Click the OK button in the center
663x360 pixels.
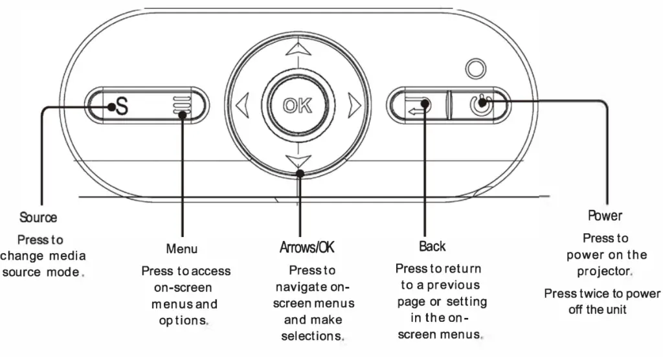tap(297, 104)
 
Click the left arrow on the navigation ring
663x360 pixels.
tap(242, 104)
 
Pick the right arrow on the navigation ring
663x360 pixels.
tap(353, 104)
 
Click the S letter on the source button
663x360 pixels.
tap(121, 106)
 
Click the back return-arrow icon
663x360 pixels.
tap(417, 105)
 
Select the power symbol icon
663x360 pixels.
tap(479, 104)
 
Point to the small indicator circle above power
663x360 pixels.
tap(476, 67)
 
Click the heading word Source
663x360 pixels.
tap(38, 218)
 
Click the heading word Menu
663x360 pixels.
tap(181, 249)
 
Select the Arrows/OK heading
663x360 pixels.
tap(307, 247)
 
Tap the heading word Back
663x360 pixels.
tap(432, 246)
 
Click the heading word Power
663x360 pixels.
tap(605, 215)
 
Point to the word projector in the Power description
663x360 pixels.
tap(603, 271)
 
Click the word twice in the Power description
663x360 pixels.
tap(606, 293)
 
